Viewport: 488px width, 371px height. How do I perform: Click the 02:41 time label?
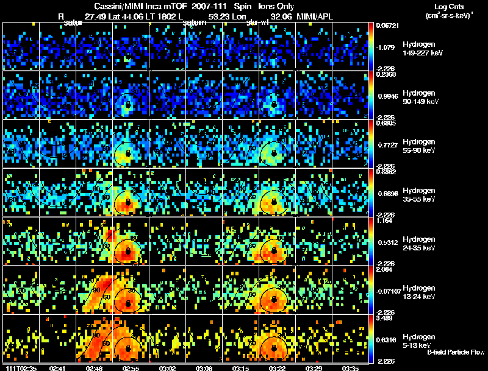[x=58, y=368]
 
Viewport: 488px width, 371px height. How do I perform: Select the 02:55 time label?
[x=131, y=368]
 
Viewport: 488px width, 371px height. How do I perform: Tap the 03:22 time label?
[x=278, y=368]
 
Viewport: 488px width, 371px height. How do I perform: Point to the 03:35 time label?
[x=351, y=368]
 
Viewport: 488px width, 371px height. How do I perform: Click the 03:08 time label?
[x=204, y=368]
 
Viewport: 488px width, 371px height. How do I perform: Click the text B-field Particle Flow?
[x=456, y=352]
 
